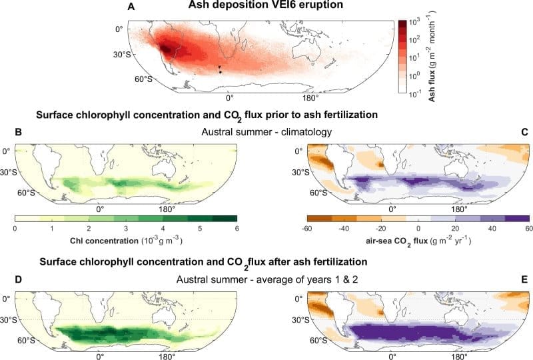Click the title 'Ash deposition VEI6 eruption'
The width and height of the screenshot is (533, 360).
272,7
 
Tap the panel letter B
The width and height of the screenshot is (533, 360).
19,133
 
